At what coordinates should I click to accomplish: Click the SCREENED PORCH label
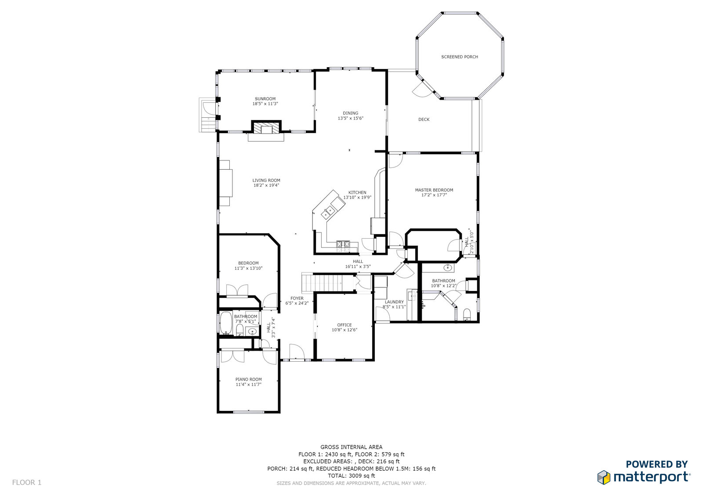click(460, 57)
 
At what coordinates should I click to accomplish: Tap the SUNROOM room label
click(265, 98)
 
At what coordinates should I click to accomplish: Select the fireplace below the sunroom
click(266, 128)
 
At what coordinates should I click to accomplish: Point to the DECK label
click(424, 119)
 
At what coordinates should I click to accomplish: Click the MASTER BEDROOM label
click(434, 190)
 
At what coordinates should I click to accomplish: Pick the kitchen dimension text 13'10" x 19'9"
click(357, 197)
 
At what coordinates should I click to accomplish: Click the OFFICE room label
click(344, 325)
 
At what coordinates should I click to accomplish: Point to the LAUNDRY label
click(394, 302)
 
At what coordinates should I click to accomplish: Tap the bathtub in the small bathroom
click(226, 323)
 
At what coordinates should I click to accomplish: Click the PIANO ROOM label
click(249, 379)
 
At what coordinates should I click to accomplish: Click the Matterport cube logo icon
click(604, 477)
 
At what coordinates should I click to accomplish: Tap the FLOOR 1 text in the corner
click(27, 482)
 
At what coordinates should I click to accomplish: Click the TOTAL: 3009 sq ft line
click(351, 475)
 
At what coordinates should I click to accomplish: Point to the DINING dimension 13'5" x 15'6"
click(351, 118)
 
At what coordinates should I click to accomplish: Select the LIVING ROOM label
click(266, 180)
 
